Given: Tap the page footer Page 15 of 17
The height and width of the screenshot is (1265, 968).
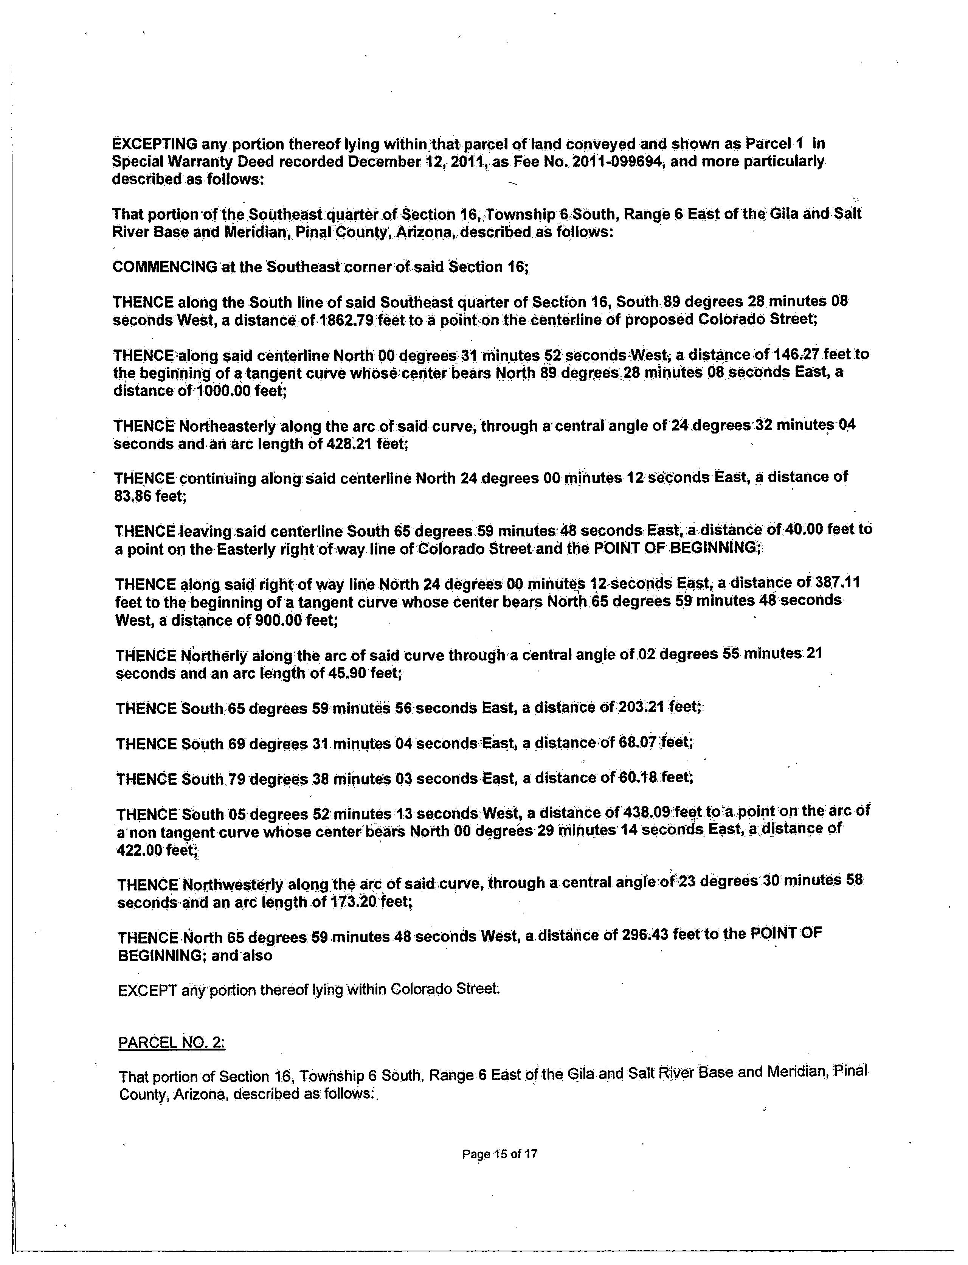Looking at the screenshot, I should (x=500, y=1154).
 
